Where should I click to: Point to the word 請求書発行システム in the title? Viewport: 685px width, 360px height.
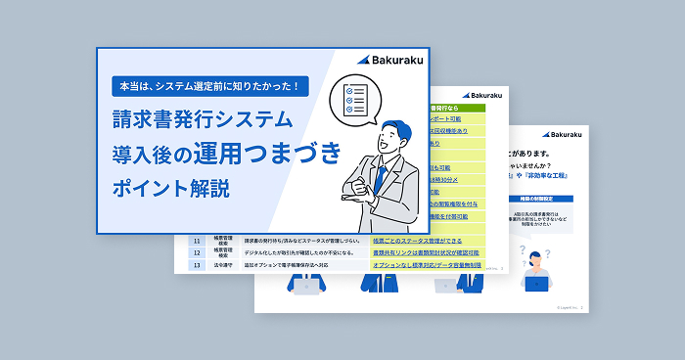(x=202, y=120)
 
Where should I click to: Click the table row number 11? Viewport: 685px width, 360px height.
(x=196, y=240)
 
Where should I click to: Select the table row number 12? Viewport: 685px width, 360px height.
(x=196, y=251)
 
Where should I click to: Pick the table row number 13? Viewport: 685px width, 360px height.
(x=196, y=264)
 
